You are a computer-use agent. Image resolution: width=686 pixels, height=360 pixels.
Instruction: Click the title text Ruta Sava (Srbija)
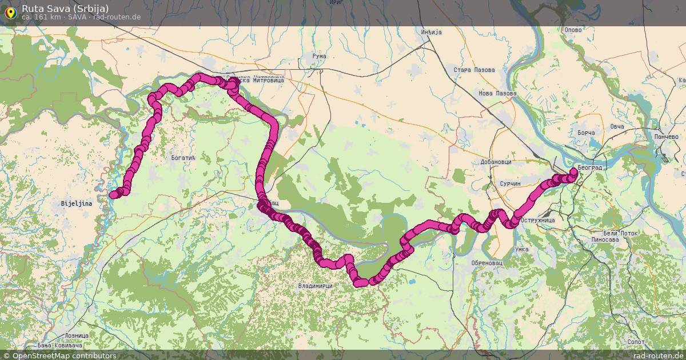point(65,8)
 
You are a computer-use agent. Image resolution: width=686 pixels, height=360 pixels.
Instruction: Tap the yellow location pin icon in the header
point(10,12)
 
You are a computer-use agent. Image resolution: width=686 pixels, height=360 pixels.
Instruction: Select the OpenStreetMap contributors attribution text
point(64,355)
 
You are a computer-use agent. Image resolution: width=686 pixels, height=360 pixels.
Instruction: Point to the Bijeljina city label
point(77,203)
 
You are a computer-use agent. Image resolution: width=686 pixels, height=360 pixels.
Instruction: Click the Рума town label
point(319,56)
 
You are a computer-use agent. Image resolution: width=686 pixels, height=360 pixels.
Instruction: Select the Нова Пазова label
point(497,93)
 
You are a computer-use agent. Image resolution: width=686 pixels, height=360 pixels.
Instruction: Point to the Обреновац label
point(470,262)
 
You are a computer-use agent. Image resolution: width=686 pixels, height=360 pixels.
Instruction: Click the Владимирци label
point(315,285)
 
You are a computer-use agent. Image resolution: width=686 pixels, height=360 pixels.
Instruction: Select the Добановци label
point(495,162)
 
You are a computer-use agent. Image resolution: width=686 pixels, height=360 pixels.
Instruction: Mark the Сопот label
point(636,341)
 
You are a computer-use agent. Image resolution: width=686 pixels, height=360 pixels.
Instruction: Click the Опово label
point(573,30)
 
